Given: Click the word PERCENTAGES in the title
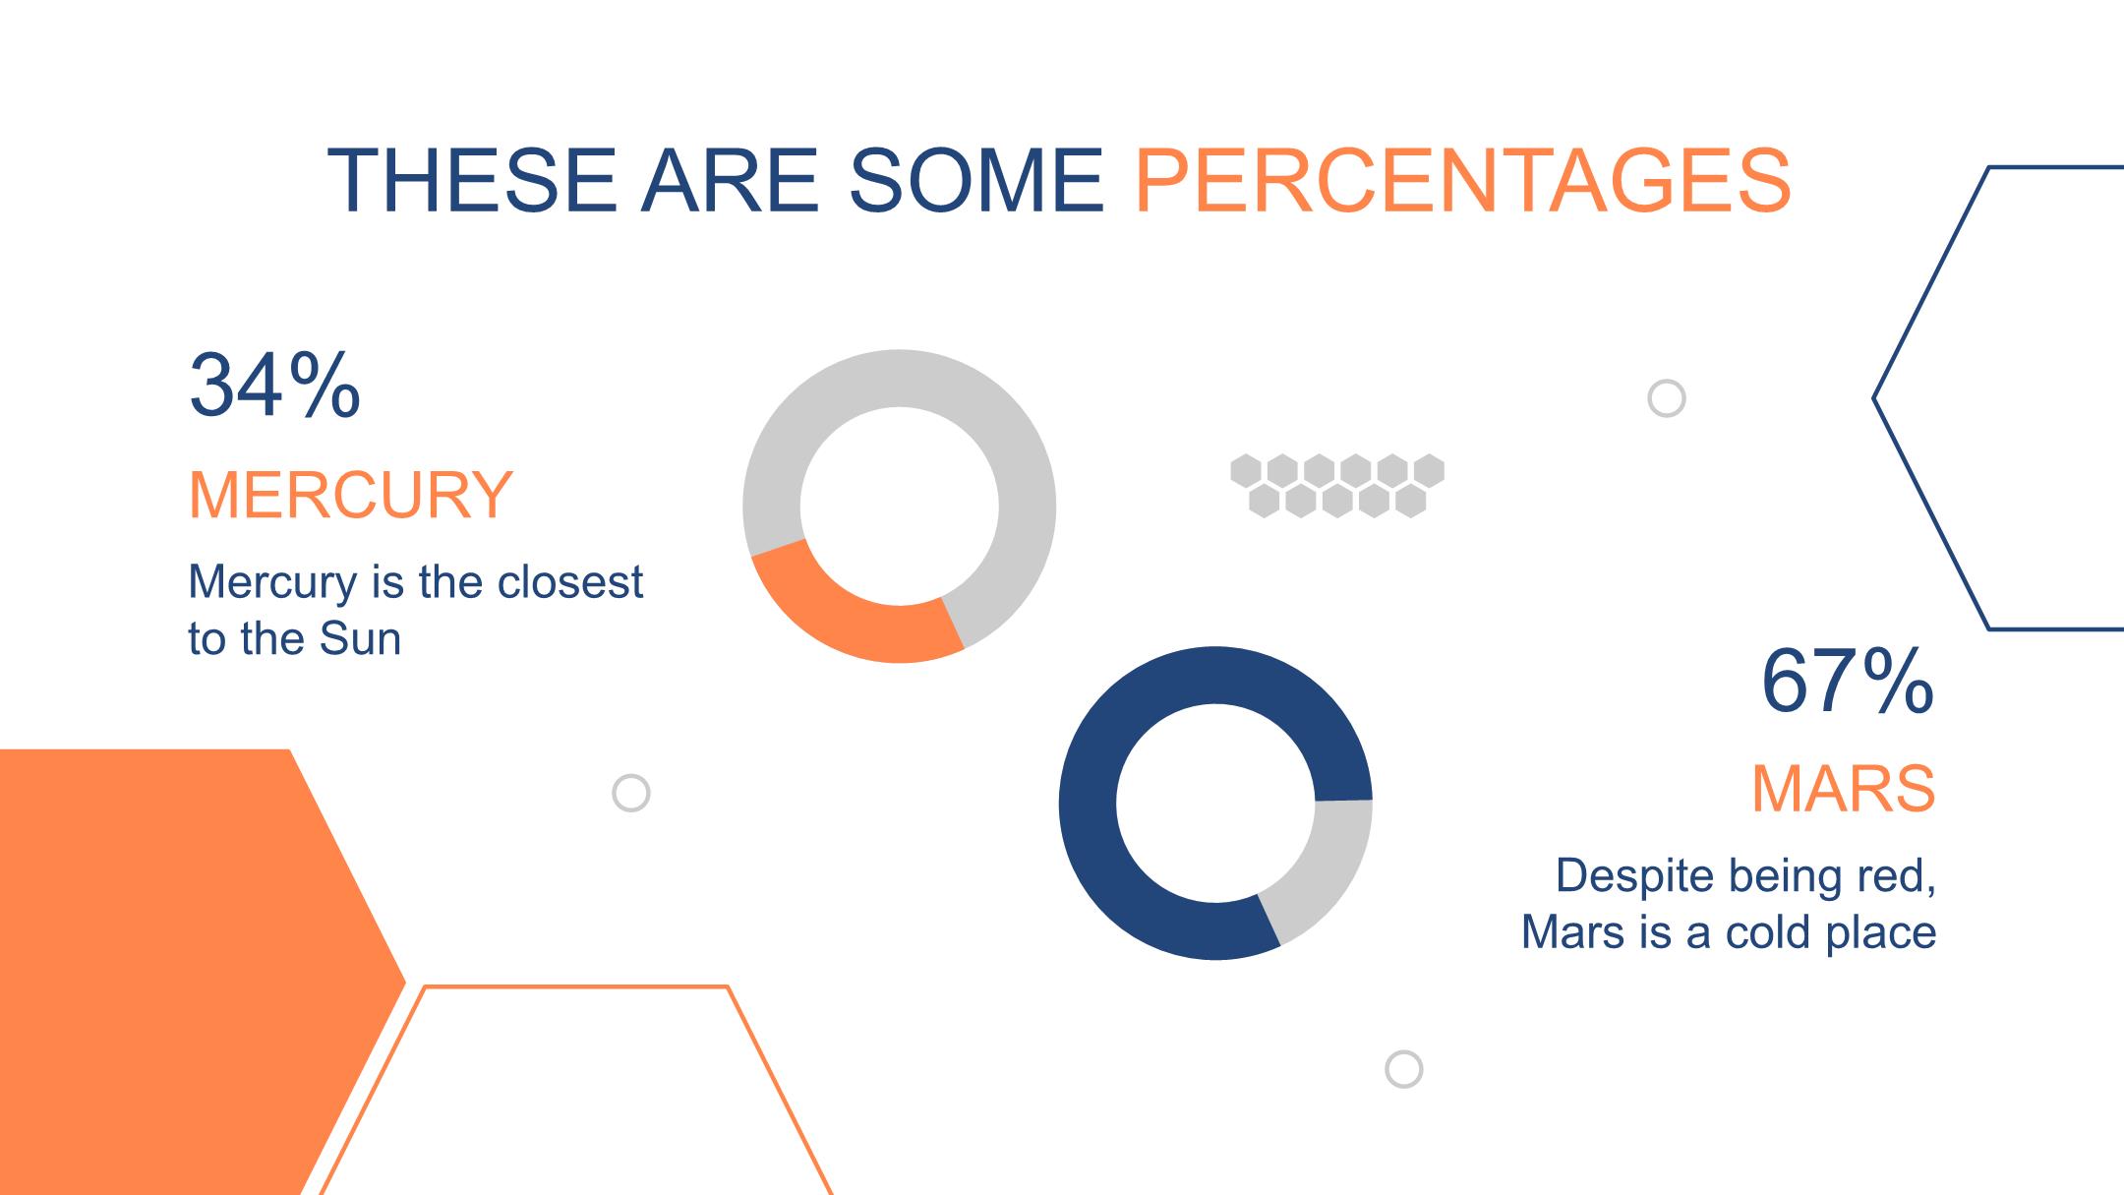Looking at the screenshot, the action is (1463, 181).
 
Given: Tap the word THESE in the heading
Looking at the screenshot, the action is (472, 181).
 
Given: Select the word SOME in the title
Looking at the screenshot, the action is (976, 181).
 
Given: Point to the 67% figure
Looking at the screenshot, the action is (1848, 681).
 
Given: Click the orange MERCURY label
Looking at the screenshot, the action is (350, 494).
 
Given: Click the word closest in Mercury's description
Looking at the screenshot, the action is (570, 581).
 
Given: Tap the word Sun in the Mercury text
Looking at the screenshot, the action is (361, 638).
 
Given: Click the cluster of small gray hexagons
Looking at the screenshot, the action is (1337, 486).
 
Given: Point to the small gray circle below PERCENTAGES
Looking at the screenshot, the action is (1666, 398).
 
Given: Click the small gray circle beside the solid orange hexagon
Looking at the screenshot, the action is (631, 793).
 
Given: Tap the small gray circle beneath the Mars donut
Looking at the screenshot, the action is (1403, 1069).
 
